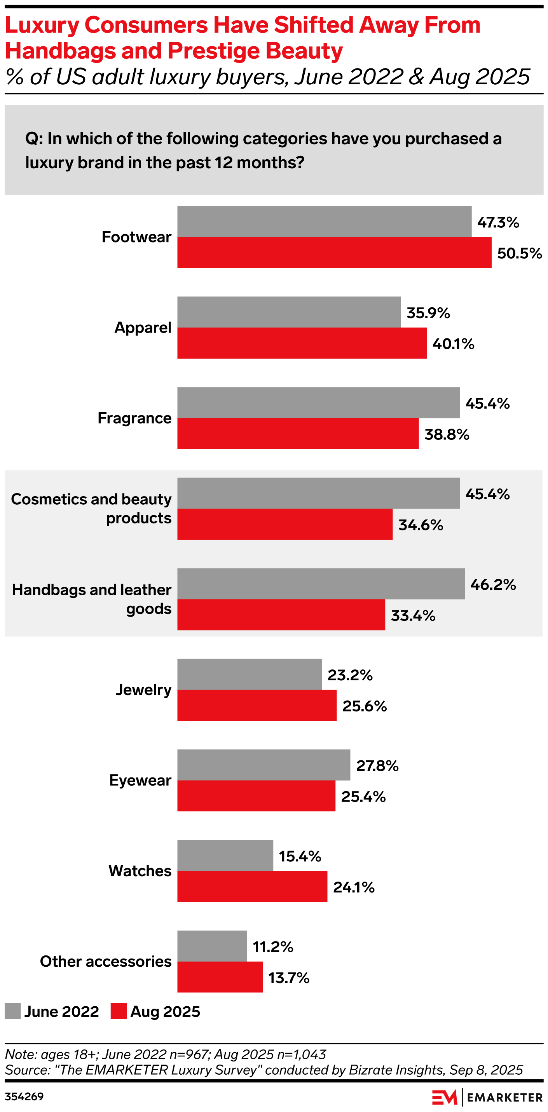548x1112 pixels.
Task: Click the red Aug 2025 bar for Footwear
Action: coord(334,253)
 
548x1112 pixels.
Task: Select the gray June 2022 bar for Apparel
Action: coord(288,312)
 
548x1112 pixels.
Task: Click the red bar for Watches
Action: coord(252,887)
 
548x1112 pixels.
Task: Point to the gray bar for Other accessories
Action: coord(212,946)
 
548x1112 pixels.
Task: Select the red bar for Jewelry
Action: coord(257,705)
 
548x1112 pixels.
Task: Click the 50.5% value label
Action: coord(519,253)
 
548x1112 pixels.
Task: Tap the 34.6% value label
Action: coord(420,525)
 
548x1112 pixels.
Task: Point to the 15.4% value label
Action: coord(300,856)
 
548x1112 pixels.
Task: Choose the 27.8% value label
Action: coord(377,766)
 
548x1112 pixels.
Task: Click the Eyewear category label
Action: coord(140,781)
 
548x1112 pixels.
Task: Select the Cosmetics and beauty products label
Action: coord(91,509)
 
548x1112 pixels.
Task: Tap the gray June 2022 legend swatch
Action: coord(12,1011)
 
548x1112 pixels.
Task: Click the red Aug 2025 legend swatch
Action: coord(118,1011)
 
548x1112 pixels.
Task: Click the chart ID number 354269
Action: coord(24,1096)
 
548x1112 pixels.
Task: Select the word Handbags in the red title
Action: coord(61,51)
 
